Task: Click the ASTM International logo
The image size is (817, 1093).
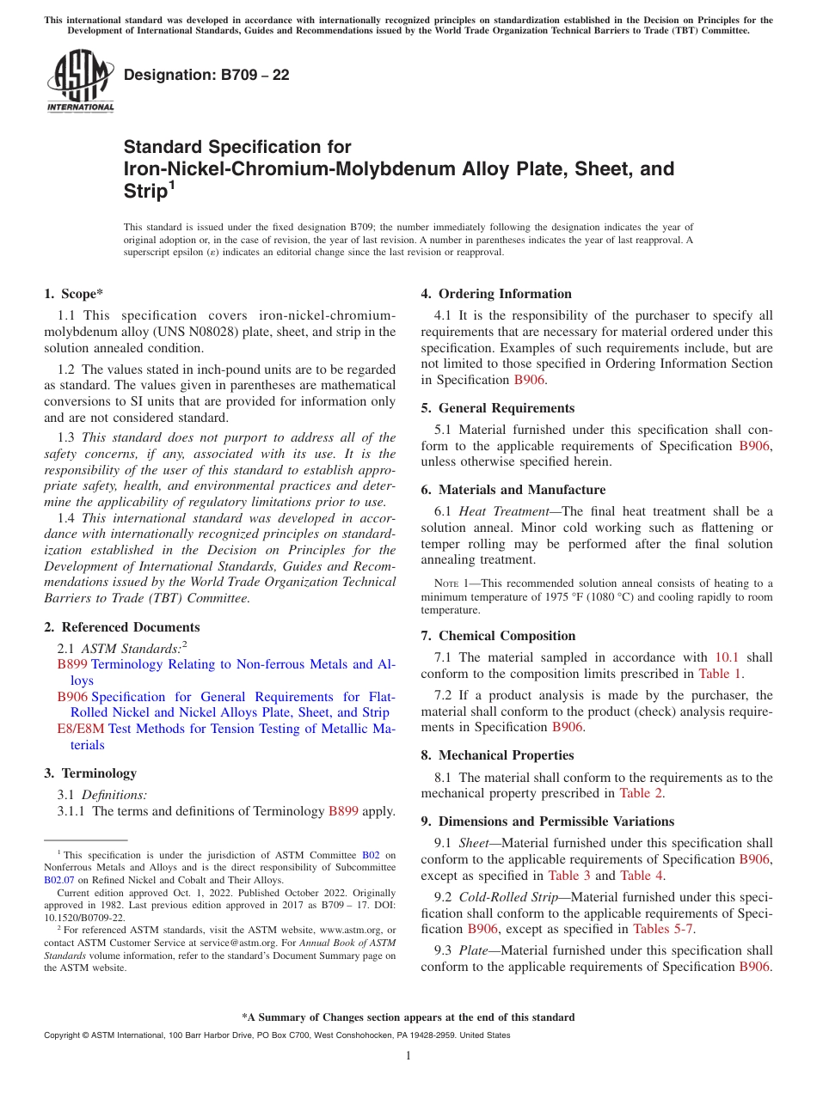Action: (79, 81)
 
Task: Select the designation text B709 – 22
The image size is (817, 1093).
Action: (206, 76)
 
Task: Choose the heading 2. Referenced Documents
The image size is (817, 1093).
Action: (121, 627)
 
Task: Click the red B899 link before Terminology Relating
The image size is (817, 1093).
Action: (72, 664)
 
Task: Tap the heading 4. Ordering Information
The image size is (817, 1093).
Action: (495, 294)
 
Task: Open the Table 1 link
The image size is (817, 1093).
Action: (721, 674)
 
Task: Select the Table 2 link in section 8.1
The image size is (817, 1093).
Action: (642, 793)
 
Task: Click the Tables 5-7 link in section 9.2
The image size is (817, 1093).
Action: (663, 928)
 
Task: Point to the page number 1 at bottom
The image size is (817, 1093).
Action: (408, 1056)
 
